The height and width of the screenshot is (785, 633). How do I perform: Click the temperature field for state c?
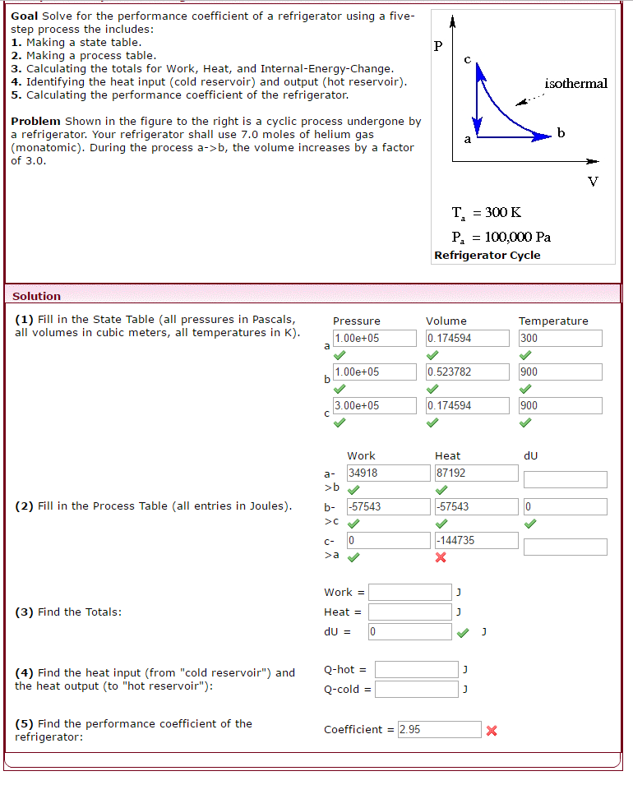coord(560,405)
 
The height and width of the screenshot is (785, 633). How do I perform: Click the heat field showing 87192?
coord(476,473)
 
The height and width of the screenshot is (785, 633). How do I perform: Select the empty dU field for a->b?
coord(565,479)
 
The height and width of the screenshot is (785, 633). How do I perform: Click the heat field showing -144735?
coord(476,540)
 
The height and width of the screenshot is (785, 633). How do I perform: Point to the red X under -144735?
coord(441,557)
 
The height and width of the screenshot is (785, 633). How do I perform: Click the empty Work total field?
coord(409,592)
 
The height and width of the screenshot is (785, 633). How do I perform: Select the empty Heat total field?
coord(409,612)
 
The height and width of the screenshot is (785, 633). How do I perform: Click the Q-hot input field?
coord(416,669)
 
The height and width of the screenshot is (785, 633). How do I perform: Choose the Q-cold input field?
coord(416,689)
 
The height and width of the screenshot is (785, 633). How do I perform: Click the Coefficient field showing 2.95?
coord(439,729)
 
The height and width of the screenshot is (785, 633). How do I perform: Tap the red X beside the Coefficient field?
coord(492,730)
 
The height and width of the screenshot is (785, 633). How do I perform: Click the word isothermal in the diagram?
coord(575,84)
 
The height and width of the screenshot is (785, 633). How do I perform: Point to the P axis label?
coord(438,46)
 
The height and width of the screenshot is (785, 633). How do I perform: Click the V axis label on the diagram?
coord(593,181)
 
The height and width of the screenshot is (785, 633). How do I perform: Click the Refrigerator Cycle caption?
coord(487,255)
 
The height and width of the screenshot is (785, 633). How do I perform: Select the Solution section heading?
coord(36,296)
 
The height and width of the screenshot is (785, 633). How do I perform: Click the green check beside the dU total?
coord(464,632)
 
